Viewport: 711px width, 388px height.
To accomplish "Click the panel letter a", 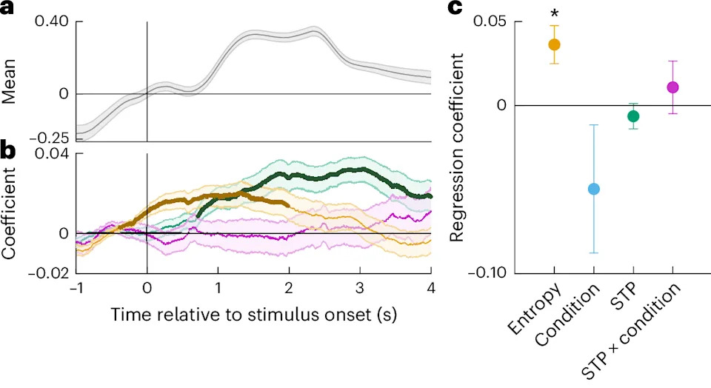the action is [7, 7].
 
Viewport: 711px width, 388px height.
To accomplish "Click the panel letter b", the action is [8, 151].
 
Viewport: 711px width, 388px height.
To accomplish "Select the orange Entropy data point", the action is [554, 44].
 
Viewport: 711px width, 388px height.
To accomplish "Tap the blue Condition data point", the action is [593, 189].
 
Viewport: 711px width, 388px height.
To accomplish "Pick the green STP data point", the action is [633, 116].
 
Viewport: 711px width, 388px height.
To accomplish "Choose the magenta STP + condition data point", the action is [673, 87].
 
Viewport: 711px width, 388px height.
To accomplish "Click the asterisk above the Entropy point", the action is [554, 13].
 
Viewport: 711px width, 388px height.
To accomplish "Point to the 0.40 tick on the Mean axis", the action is [51, 21].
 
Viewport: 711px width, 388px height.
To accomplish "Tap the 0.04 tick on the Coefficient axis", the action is [51, 153].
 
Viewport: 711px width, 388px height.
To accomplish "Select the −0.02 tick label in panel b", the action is [49, 273].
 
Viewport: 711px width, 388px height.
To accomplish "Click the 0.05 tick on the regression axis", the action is [490, 21].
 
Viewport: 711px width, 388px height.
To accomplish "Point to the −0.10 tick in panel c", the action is [488, 273].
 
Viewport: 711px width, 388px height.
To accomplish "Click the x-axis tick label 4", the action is [431, 288].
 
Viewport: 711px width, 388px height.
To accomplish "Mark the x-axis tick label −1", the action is [76, 288].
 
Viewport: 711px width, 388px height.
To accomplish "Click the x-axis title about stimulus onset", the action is [254, 314].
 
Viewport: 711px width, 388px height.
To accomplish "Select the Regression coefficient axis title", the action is [457, 148].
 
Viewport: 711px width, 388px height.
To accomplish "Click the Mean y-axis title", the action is [9, 81].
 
